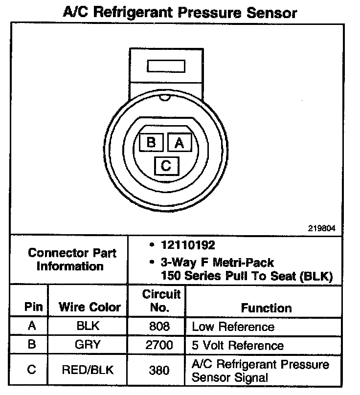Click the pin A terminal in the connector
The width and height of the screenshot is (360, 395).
(x=179, y=142)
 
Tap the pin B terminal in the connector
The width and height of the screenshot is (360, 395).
(x=151, y=142)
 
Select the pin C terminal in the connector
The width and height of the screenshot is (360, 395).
(x=166, y=166)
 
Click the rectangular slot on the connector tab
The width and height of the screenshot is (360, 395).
(x=166, y=66)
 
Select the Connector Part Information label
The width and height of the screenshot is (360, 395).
(x=72, y=260)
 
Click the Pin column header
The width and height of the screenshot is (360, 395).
(x=34, y=307)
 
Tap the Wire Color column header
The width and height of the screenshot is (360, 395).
(x=90, y=307)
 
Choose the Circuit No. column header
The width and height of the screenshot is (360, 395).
(x=161, y=301)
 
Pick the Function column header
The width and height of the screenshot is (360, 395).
(x=267, y=308)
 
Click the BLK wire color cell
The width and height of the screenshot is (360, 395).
(x=88, y=326)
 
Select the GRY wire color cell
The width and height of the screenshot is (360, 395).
(x=88, y=345)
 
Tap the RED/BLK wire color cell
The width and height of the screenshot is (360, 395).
(x=88, y=370)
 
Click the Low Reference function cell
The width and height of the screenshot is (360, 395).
(x=233, y=327)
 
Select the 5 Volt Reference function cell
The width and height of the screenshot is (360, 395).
(x=238, y=346)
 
